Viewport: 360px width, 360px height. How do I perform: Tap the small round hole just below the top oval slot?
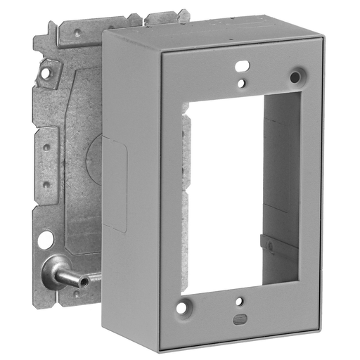point(241,83)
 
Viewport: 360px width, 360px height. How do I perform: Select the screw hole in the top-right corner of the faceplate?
point(295,75)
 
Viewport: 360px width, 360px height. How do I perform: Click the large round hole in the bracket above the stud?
point(45,240)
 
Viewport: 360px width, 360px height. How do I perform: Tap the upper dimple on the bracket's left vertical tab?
point(46,148)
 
